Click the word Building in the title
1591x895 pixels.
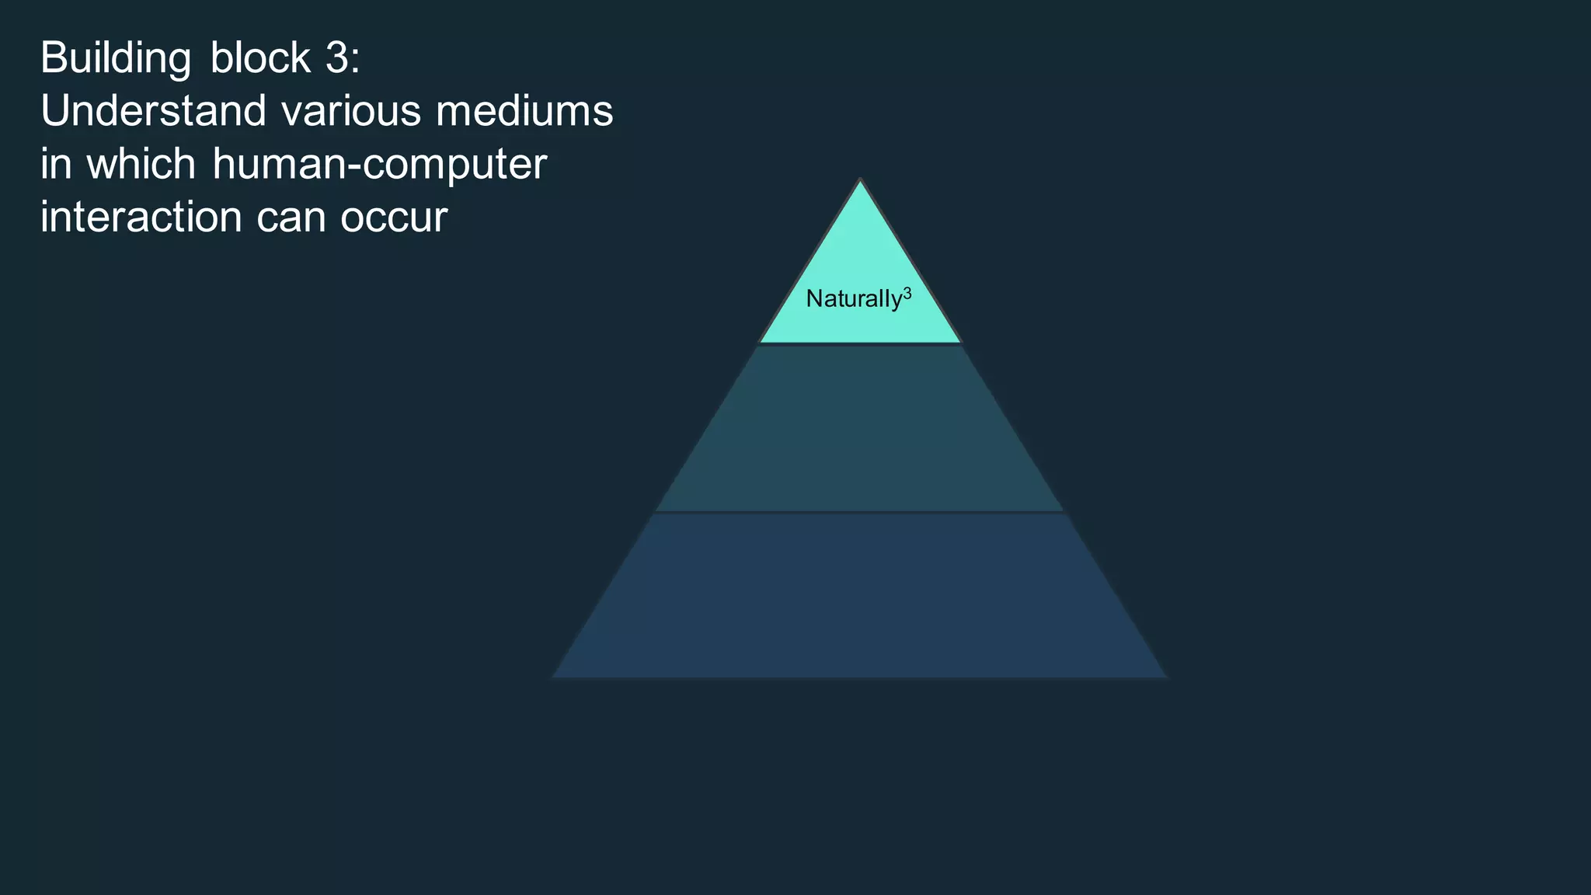pos(115,59)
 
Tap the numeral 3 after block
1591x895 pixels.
pos(336,58)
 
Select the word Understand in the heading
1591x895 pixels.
pos(154,111)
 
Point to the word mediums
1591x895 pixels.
pos(524,111)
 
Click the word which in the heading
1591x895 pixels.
pos(141,164)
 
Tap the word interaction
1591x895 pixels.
pos(141,217)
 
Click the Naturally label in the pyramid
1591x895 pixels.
pos(854,299)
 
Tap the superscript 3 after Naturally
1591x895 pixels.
pos(907,294)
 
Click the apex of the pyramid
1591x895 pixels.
pos(860,183)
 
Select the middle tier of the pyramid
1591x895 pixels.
pos(860,428)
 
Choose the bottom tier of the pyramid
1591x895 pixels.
pos(860,596)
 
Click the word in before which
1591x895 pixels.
pos(54,164)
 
